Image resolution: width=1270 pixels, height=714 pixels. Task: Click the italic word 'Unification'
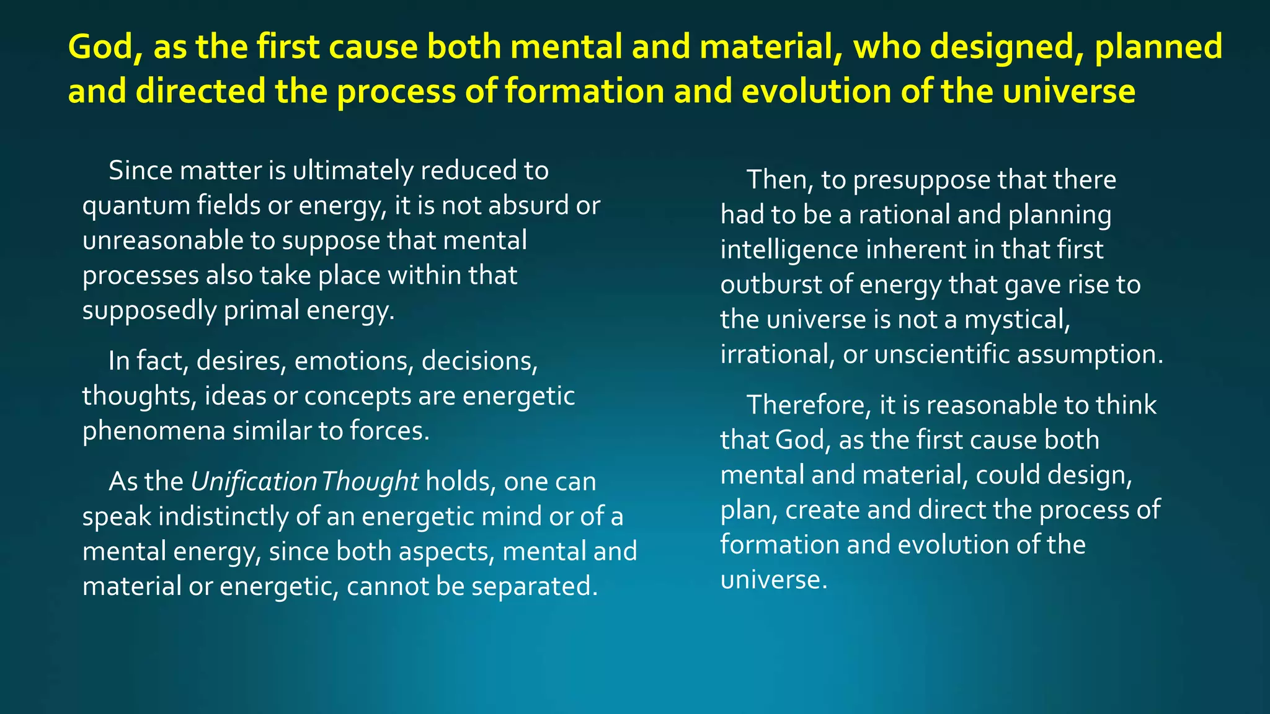pyautogui.click(x=254, y=482)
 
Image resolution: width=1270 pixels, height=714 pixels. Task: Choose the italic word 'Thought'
pyautogui.click(x=370, y=482)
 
